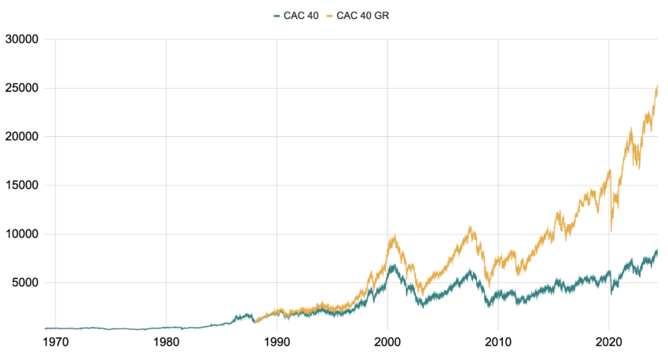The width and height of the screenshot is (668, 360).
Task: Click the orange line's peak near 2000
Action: [393, 235]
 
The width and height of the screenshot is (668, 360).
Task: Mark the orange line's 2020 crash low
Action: [611, 231]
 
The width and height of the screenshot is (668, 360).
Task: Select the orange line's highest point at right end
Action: [657, 85]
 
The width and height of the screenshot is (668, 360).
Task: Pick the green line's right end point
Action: [657, 250]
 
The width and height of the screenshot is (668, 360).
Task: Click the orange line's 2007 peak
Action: [470, 227]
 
